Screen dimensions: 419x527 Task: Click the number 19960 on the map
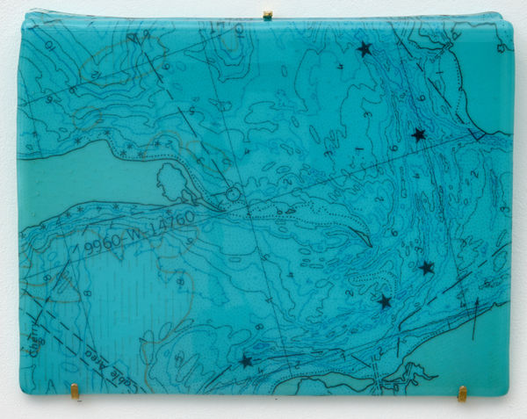98,248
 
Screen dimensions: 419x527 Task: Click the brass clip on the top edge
267,15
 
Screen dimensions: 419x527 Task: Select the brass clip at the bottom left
75,390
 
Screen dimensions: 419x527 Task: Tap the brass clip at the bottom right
462,393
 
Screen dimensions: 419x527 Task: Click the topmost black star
364,49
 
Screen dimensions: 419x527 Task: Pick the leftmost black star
245,361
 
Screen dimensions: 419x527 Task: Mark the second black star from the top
418,134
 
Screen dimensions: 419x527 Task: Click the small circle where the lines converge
233,194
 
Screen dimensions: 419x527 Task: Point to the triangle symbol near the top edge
133,38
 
